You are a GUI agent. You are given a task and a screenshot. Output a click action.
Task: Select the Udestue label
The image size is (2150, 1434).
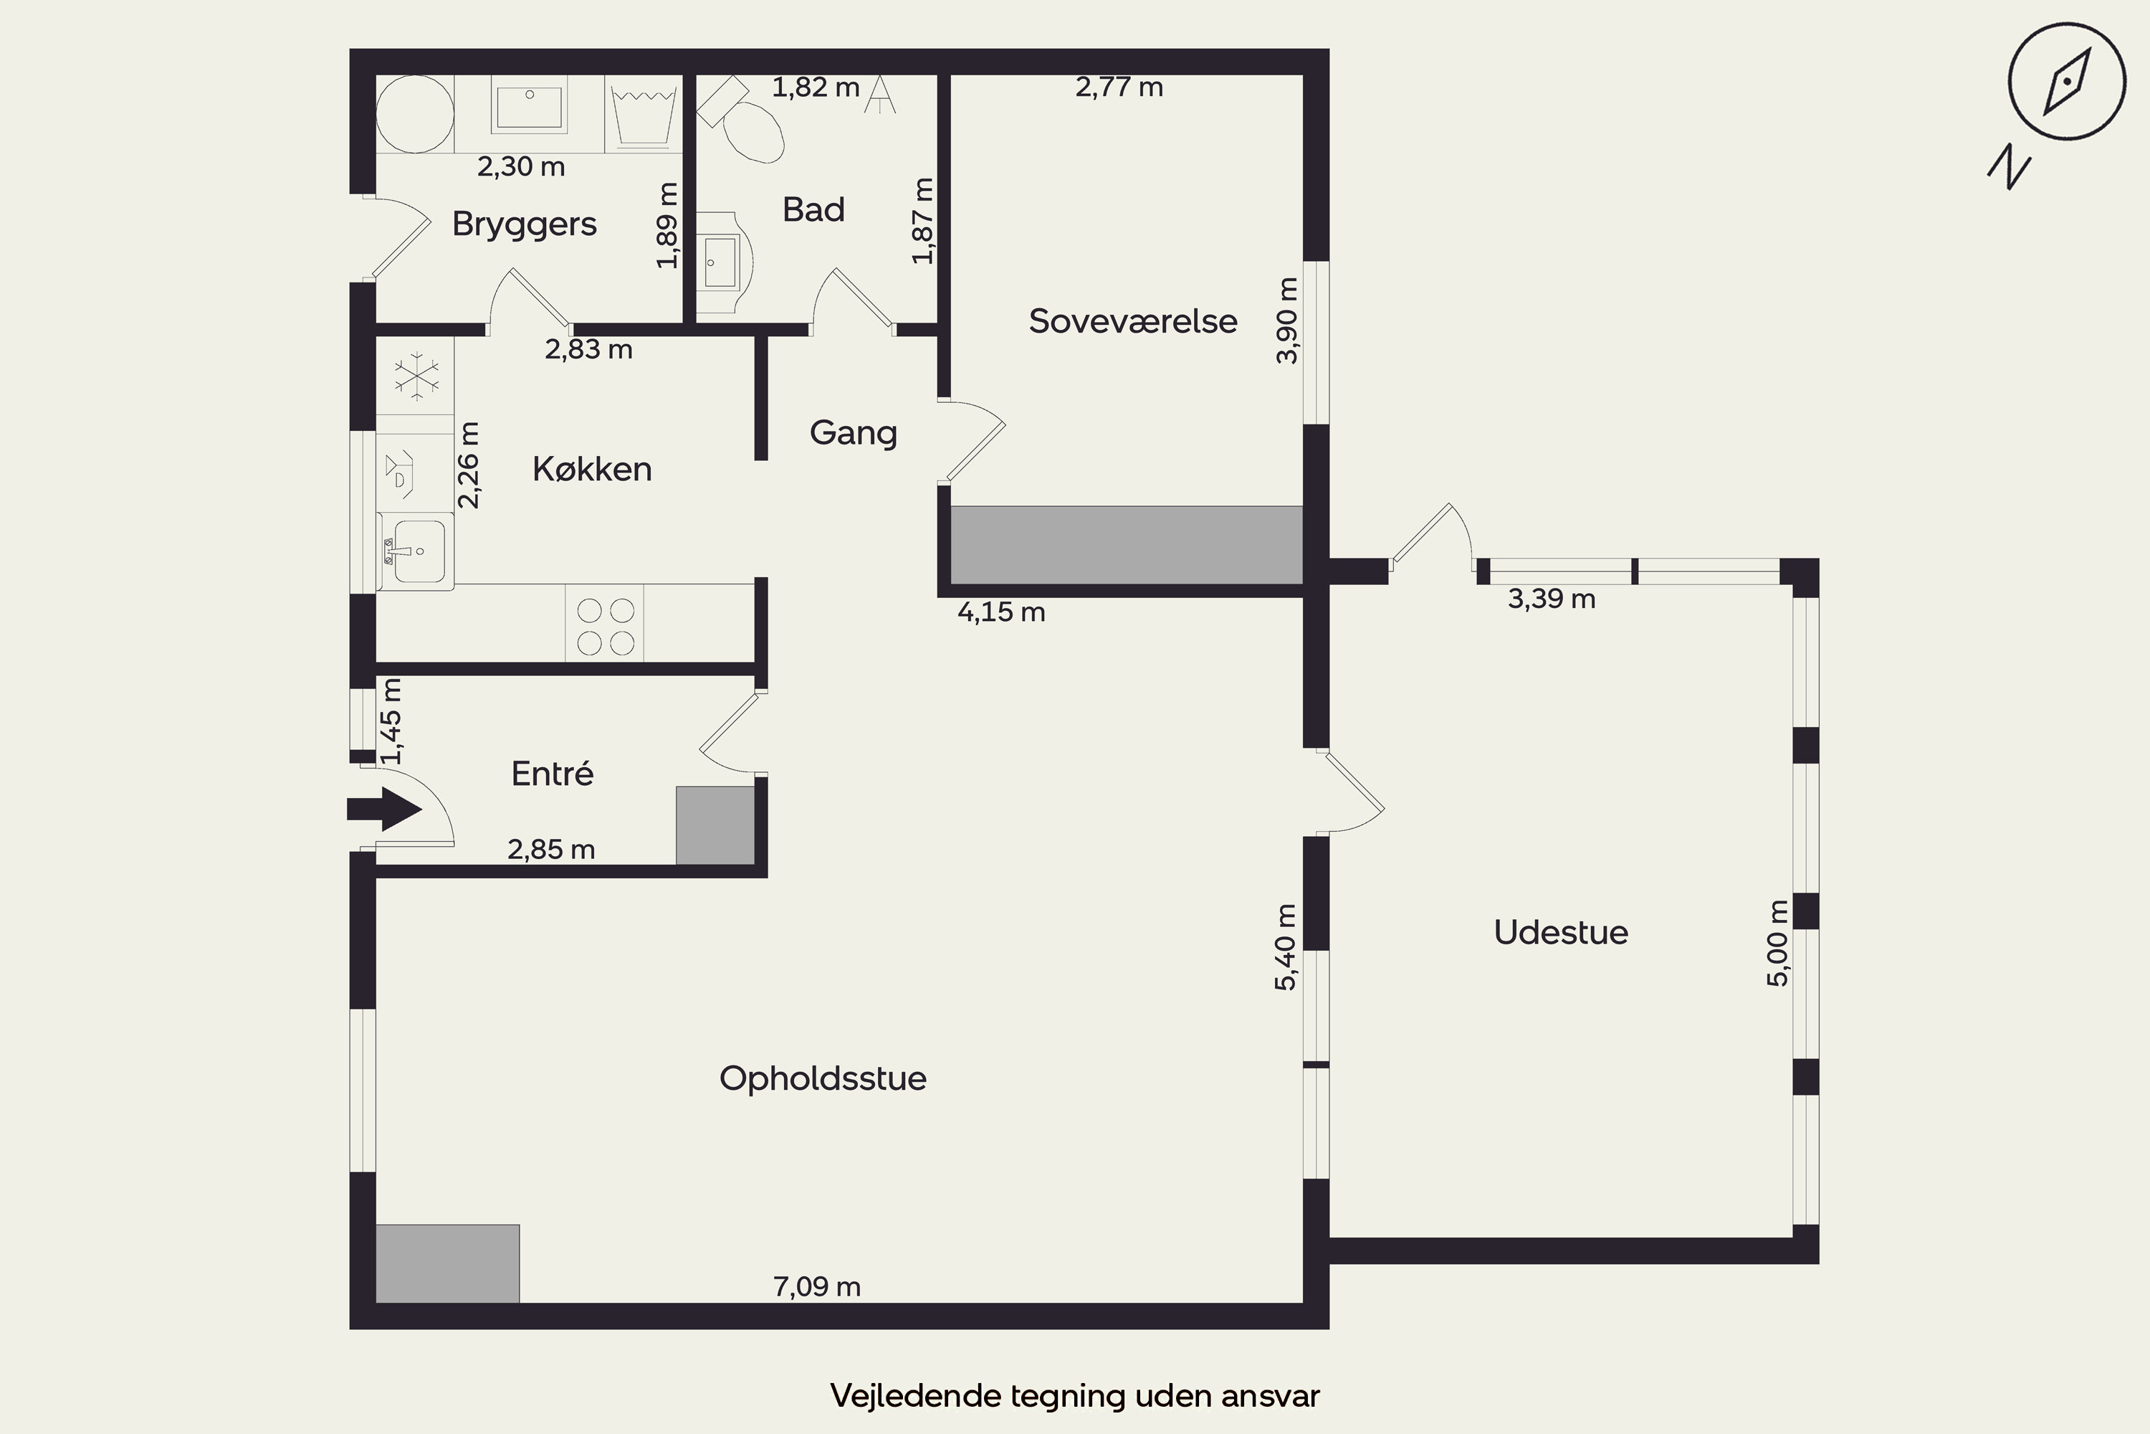click(x=1560, y=932)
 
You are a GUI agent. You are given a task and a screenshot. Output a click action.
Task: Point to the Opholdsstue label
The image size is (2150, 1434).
click(x=823, y=1079)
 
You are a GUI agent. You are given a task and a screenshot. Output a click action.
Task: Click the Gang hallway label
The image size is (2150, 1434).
click(x=853, y=432)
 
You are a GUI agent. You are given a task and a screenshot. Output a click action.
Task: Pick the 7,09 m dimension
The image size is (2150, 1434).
click(x=817, y=1287)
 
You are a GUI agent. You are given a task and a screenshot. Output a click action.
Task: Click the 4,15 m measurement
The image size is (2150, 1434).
click(x=1001, y=612)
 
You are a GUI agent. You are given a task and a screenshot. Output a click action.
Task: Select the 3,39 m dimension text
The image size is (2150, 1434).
click(x=1552, y=599)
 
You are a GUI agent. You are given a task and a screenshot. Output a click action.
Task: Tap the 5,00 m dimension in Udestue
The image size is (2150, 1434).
click(x=1777, y=943)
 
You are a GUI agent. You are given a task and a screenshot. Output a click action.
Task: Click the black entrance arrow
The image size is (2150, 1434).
click(x=384, y=809)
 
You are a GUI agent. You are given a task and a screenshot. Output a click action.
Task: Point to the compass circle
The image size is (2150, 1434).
click(x=2066, y=82)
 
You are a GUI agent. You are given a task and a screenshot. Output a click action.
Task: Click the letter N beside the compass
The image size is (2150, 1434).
click(x=2010, y=166)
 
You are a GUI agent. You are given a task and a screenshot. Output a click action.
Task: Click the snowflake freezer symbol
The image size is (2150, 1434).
click(x=415, y=376)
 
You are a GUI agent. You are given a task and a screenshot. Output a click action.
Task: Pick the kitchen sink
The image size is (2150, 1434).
click(x=417, y=551)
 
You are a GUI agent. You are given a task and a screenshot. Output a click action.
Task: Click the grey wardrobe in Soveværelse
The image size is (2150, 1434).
click(x=1126, y=545)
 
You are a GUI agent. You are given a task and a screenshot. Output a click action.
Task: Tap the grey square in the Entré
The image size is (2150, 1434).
click(x=715, y=825)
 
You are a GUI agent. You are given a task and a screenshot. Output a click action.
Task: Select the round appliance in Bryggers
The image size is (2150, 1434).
click(x=415, y=113)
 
